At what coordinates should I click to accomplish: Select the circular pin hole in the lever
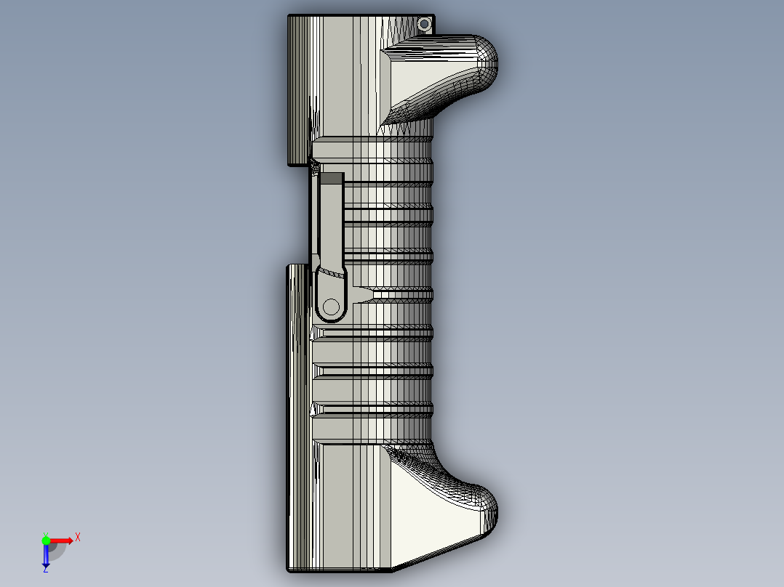click(x=331, y=306)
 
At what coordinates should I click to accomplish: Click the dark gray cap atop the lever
click(x=332, y=178)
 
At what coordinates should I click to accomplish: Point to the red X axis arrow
click(x=63, y=540)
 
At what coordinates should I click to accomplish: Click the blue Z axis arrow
click(x=45, y=556)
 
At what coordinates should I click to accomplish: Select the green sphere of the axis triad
click(x=46, y=540)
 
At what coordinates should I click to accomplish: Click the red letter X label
click(x=78, y=537)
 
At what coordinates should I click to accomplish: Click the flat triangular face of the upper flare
click(x=422, y=76)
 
